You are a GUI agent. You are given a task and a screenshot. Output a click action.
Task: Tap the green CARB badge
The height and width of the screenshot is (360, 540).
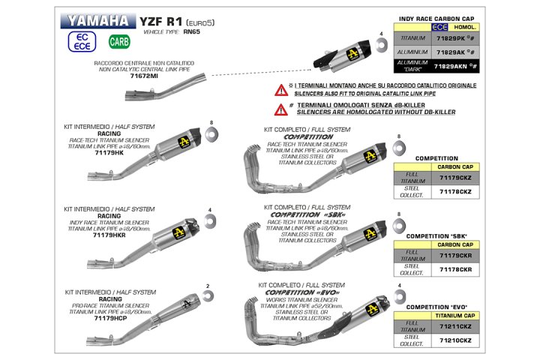pos(118,42)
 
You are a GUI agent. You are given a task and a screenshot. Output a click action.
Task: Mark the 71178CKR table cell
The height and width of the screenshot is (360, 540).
pos(454,268)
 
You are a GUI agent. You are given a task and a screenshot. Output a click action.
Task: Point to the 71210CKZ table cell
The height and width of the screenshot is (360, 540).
pos(454,340)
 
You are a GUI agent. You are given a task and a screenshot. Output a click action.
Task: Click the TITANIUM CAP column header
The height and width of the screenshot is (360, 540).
pos(454,316)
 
